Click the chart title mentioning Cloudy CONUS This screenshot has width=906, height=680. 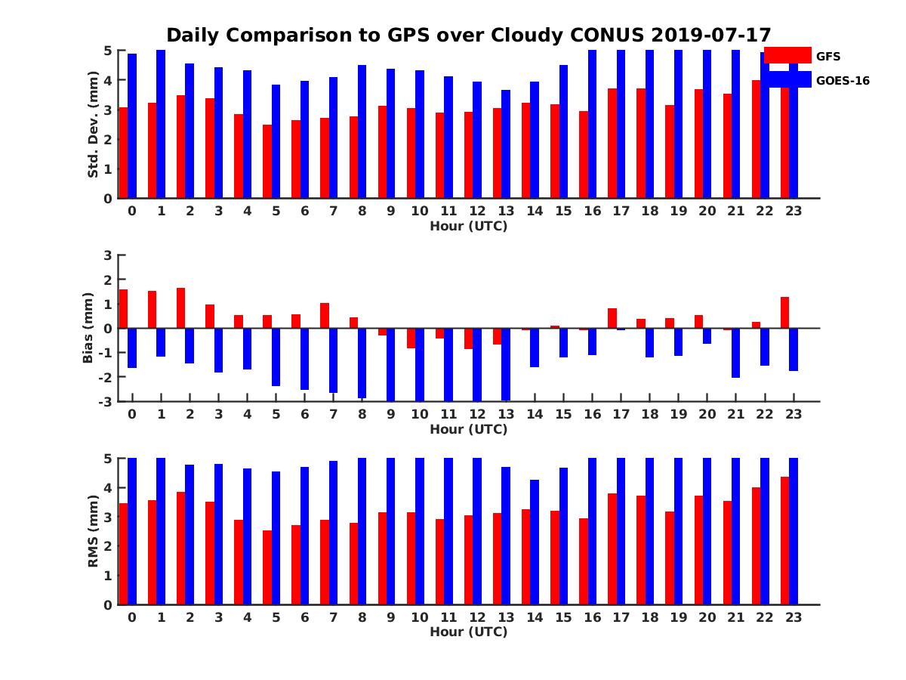(468, 36)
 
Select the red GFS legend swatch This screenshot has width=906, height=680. (787, 55)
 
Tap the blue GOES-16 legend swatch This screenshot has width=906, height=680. (787, 79)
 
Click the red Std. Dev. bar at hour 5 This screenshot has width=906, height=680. (267, 162)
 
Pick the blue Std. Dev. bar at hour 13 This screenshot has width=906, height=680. (506, 144)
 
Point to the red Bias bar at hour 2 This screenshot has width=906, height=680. (181, 308)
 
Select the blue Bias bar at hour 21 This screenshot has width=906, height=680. (735, 353)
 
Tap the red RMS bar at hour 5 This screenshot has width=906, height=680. (267, 567)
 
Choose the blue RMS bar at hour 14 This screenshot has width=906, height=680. (535, 542)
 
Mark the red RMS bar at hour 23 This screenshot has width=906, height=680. (784, 540)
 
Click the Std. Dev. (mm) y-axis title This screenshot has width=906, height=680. (94, 124)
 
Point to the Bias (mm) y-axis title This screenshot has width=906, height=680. (88, 327)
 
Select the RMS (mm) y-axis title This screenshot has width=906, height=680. (94, 531)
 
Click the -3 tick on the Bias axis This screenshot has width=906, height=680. (105, 401)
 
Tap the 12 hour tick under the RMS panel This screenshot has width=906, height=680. (477, 617)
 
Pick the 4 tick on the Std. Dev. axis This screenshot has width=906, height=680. (109, 79)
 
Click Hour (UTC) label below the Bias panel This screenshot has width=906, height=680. (468, 429)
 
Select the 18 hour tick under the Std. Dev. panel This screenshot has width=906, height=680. (649, 211)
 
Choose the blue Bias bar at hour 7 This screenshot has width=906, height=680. (334, 360)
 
